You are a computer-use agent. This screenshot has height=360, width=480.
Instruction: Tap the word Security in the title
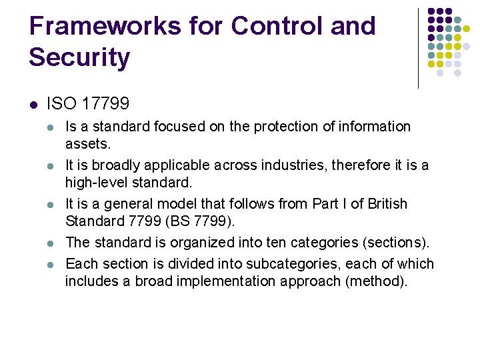(79, 57)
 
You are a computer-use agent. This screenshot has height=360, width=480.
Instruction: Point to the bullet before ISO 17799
(33, 104)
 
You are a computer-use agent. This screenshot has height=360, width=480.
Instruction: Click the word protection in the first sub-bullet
(263, 127)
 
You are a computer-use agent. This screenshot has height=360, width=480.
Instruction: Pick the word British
(385, 203)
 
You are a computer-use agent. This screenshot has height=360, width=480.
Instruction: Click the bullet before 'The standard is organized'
(52, 242)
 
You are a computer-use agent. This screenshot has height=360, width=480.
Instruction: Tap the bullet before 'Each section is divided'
(52, 264)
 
